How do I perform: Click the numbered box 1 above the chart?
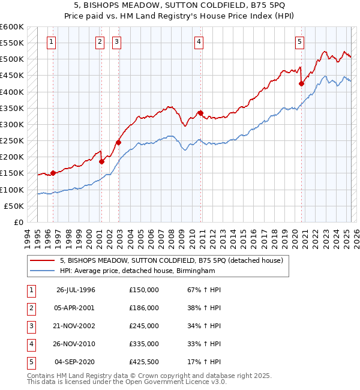(x=52, y=41)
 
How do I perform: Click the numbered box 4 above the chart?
(x=199, y=41)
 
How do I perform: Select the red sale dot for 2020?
(x=301, y=84)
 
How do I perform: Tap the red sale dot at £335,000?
(x=200, y=113)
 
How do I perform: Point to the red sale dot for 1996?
(x=53, y=173)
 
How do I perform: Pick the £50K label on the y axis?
(x=14, y=206)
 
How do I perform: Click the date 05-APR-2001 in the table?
(x=76, y=307)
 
